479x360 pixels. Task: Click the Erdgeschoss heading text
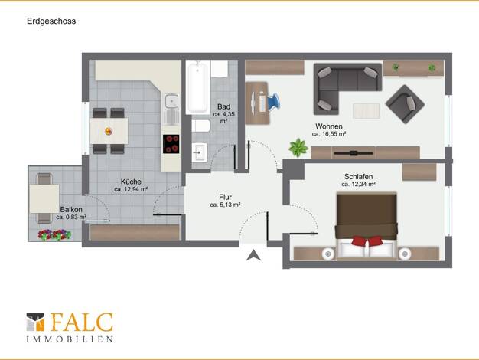coord(51,21)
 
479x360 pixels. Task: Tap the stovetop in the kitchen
coord(171,144)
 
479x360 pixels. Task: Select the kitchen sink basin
coord(171,101)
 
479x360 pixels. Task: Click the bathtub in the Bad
coord(198,87)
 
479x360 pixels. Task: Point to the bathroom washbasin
coord(200,152)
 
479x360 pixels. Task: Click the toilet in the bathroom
coord(200,126)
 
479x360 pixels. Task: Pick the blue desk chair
coord(273,101)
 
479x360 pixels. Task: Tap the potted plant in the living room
coord(298,148)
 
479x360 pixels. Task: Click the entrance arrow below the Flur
coord(253,255)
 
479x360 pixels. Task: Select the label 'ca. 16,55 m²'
coord(329,134)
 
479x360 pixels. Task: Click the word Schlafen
coord(358,177)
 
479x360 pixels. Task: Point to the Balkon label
coord(71,210)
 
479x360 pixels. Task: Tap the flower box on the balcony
coord(54,235)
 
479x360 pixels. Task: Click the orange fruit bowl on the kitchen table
coord(109,131)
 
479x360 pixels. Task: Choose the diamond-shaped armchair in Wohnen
coord(405,104)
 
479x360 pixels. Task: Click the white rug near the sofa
coord(367,111)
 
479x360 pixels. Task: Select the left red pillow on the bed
coord(360,241)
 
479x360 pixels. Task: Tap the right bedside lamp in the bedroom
coord(405,254)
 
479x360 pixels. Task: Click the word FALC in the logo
coord(82,322)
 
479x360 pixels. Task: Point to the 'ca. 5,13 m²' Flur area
coord(225,205)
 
